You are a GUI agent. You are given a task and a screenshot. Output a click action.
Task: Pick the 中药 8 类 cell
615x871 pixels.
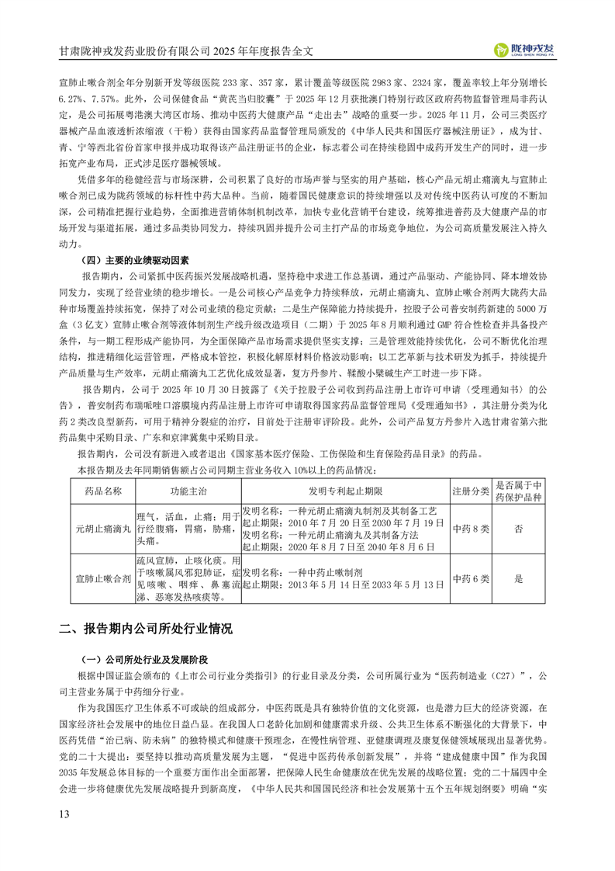click(x=470, y=528)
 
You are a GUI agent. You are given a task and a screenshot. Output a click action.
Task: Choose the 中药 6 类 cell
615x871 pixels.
click(x=470, y=578)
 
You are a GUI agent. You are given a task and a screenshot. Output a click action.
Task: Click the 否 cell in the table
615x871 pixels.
click(x=518, y=528)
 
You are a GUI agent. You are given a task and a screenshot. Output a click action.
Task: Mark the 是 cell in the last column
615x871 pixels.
click(x=518, y=578)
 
